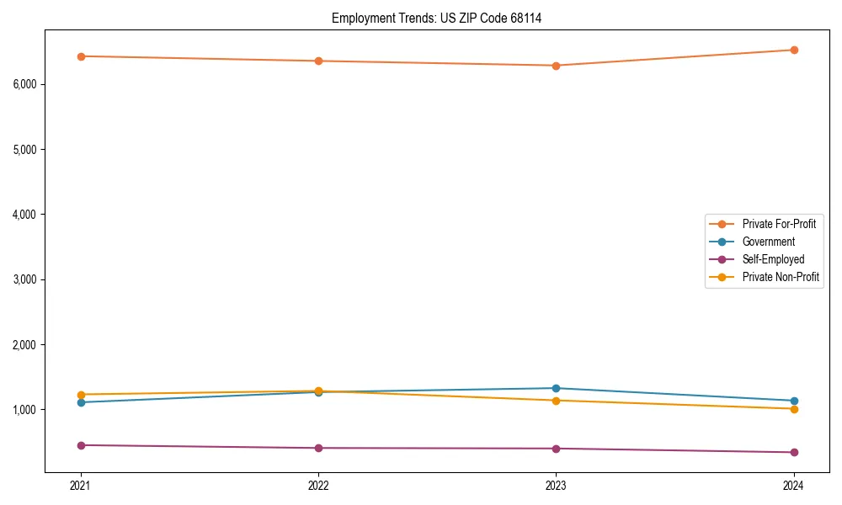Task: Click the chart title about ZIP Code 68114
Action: click(436, 18)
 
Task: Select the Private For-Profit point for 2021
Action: click(81, 56)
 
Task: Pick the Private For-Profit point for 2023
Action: click(556, 66)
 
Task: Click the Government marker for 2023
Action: click(556, 388)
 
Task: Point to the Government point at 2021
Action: click(81, 402)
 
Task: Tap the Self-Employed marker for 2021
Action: click(81, 445)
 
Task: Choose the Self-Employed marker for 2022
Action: click(318, 448)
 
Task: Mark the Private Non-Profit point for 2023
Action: click(556, 401)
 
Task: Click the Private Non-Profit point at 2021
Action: click(81, 395)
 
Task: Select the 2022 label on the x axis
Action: click(318, 486)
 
